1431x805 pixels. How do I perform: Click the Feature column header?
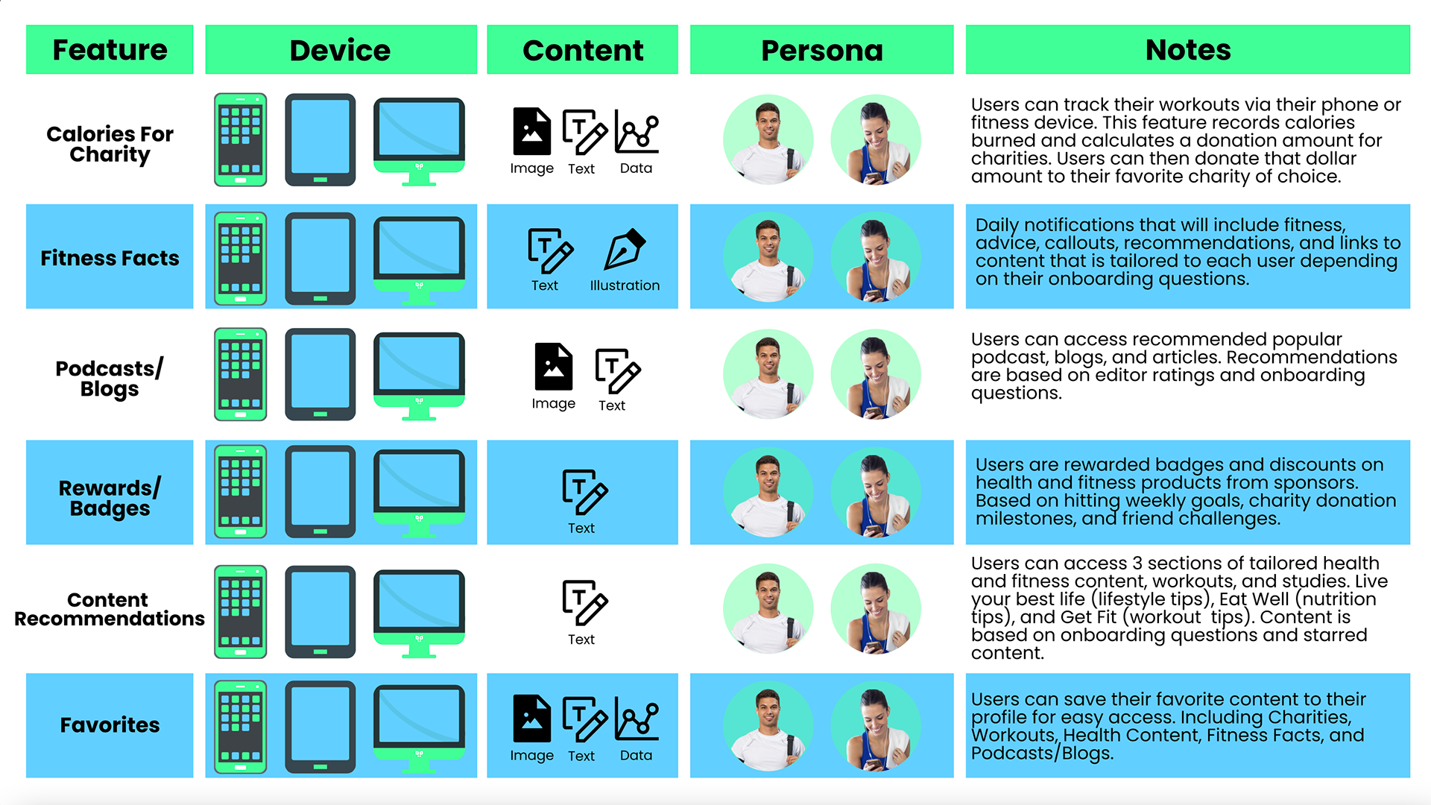(x=110, y=50)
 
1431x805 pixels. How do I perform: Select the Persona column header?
(x=821, y=50)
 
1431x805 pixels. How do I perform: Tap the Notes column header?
(x=1187, y=50)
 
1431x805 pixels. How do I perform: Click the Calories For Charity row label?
(x=110, y=144)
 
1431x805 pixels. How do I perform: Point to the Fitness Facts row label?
(x=110, y=258)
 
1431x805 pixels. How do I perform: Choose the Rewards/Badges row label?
(x=110, y=498)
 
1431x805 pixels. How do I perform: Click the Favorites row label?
(x=110, y=725)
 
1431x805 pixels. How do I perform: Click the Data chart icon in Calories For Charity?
(x=636, y=132)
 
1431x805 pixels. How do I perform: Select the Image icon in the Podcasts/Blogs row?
(x=553, y=367)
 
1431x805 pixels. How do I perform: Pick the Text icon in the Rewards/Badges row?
(x=584, y=492)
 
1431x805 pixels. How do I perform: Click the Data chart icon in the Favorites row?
(x=636, y=719)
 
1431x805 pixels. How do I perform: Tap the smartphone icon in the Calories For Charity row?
(x=240, y=139)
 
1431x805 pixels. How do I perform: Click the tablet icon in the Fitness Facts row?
(x=320, y=258)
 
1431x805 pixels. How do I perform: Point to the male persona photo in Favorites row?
(x=768, y=725)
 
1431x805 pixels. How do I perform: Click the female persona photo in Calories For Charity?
(x=876, y=139)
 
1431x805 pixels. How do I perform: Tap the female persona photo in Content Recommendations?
(x=876, y=609)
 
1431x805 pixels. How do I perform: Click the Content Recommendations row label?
(x=110, y=610)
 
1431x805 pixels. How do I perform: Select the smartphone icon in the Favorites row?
(x=240, y=726)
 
